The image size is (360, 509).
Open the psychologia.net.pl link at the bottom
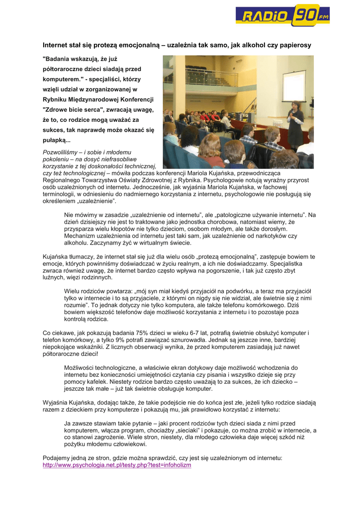click(x=117, y=465)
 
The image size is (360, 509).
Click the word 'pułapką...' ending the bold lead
click(x=57, y=141)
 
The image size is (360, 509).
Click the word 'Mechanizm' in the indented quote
click(x=80, y=236)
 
